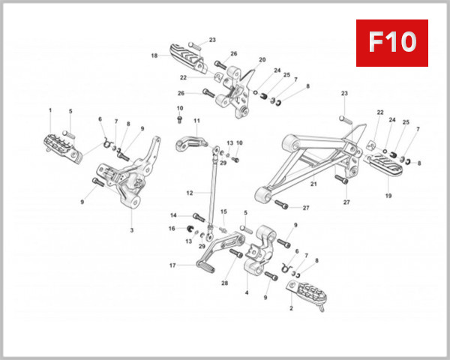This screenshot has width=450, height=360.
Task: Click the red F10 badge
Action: tap(391, 43)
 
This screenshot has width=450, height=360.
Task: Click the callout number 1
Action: tap(50, 111)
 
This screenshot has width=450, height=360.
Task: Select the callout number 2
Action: tap(291, 308)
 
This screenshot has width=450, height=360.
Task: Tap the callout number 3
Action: tap(246, 292)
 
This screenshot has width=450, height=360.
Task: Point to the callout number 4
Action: tap(246, 292)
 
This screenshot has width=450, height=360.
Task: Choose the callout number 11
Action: tap(196, 121)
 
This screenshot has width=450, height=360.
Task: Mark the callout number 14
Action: tap(173, 215)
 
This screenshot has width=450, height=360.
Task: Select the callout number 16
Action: tap(172, 228)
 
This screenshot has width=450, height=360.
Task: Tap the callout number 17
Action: tap(172, 265)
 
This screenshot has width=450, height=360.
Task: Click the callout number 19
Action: tap(388, 196)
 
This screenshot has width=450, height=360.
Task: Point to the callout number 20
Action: tap(262, 59)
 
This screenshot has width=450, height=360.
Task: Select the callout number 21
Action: tap(313, 184)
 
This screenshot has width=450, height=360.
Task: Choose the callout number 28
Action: tap(224, 283)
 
